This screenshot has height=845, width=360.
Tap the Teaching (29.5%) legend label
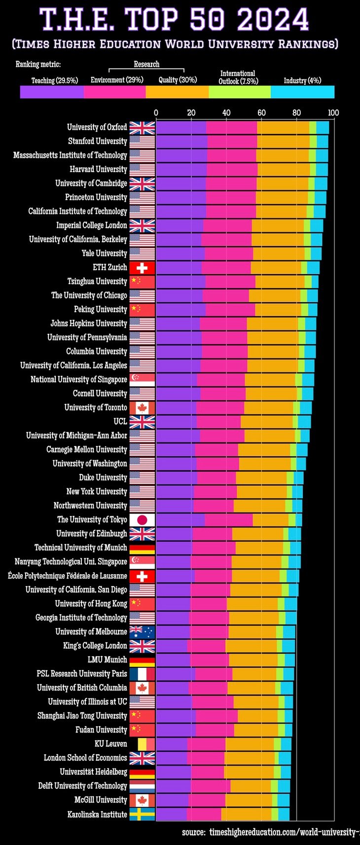click(x=55, y=80)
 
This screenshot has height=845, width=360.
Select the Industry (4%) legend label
click(x=302, y=80)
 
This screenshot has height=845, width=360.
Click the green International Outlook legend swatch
click(x=240, y=92)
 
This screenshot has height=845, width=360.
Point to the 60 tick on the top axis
click(x=261, y=112)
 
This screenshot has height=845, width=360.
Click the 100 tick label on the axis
click(x=333, y=112)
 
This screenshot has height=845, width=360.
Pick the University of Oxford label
click(x=97, y=127)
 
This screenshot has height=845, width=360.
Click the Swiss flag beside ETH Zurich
click(x=142, y=267)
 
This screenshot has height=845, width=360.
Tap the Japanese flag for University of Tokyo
click(x=142, y=519)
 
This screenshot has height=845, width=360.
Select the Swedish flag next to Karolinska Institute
click(x=142, y=814)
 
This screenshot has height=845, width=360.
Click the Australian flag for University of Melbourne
click(x=142, y=632)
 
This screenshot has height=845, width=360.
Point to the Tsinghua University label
click(x=97, y=281)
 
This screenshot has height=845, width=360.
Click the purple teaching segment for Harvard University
click(x=181, y=169)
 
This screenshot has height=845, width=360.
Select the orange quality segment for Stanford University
click(x=283, y=142)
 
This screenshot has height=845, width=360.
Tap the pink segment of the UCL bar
click(x=218, y=422)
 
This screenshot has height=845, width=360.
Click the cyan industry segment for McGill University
click(x=284, y=800)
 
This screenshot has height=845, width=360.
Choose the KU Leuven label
click(x=111, y=744)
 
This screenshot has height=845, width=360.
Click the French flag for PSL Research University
click(x=142, y=674)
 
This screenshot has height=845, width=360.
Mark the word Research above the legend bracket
click(x=146, y=64)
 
